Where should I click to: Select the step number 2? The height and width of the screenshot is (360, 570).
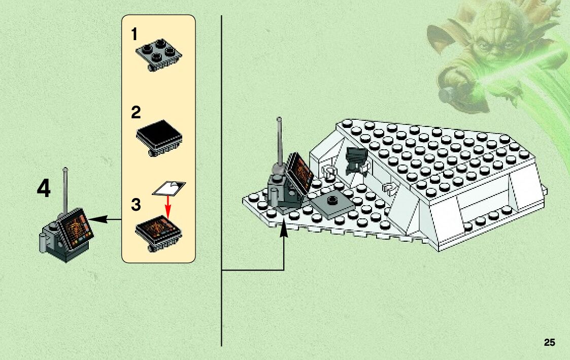coord(136,112)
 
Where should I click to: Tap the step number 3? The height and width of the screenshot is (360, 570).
coord(136,205)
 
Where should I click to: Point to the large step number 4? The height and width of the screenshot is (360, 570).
coord(44,189)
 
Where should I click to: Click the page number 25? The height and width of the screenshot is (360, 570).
coord(549,342)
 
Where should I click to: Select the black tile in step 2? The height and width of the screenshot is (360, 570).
coord(159,133)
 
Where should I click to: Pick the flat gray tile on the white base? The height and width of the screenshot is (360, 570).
coord(332,205)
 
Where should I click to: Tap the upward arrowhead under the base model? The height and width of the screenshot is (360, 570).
coord(284,231)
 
